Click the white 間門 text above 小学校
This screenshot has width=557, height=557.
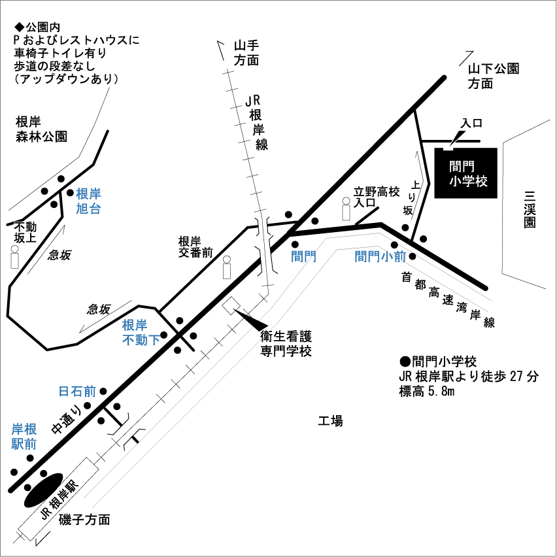(x=462, y=167)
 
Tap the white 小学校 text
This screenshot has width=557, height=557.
(x=468, y=181)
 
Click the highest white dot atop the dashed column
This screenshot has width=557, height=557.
(x=346, y=201)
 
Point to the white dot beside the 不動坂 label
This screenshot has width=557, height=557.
(x=14, y=249)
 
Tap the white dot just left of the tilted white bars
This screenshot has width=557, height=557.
(x=227, y=260)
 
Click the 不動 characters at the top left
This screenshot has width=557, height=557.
(x=25, y=227)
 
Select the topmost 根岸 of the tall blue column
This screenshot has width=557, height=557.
(x=88, y=194)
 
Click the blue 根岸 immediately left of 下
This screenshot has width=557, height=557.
(x=135, y=325)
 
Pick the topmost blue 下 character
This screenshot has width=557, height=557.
(x=154, y=340)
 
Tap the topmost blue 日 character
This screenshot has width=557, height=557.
(x=63, y=391)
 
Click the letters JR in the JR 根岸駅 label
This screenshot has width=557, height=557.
(x=44, y=512)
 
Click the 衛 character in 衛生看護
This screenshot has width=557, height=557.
(x=266, y=337)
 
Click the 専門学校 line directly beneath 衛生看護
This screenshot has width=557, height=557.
(x=286, y=350)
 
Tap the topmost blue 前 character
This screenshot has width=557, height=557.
(x=400, y=256)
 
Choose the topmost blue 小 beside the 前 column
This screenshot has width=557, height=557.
(x=387, y=256)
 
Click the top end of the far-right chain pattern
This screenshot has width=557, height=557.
(x=500, y=67)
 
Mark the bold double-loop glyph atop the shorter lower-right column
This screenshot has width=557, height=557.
(x=431, y=361)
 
